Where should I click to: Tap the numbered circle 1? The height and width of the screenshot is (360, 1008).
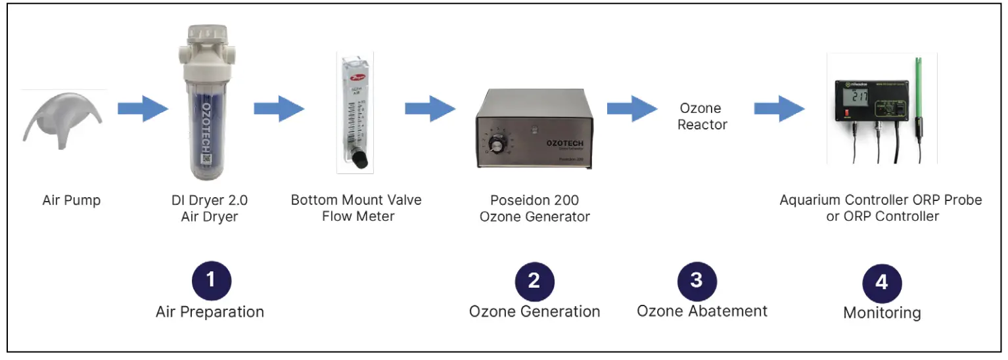[211, 281]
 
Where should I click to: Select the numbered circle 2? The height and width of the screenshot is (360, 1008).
[534, 281]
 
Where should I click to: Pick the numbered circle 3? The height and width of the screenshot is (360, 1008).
[697, 281]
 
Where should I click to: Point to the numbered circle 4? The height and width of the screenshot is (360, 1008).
[881, 282]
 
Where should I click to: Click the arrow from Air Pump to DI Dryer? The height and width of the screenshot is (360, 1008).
[143, 108]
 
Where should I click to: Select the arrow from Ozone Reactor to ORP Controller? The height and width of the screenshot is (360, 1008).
[779, 108]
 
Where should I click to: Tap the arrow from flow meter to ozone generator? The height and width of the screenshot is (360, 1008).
[430, 108]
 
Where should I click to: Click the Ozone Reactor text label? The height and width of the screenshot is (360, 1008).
[701, 116]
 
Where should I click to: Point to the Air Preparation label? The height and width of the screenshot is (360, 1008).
[210, 311]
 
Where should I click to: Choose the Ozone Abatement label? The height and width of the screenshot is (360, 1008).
[702, 310]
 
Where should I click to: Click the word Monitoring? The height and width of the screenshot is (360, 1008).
[881, 313]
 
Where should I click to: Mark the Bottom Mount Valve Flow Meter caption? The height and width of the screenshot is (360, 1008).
[357, 207]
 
